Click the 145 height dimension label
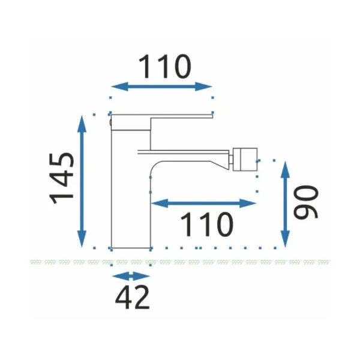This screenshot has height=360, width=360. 62,178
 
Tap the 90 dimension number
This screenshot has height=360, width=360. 306,202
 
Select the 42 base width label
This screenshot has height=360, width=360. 132,297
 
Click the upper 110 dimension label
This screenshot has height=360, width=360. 164,67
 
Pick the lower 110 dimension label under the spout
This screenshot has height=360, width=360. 206,224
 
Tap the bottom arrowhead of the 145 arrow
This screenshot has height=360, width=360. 82,239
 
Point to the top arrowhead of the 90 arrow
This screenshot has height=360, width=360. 285,169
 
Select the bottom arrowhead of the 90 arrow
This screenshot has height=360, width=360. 285,239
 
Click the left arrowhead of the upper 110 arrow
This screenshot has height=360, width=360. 119,86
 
